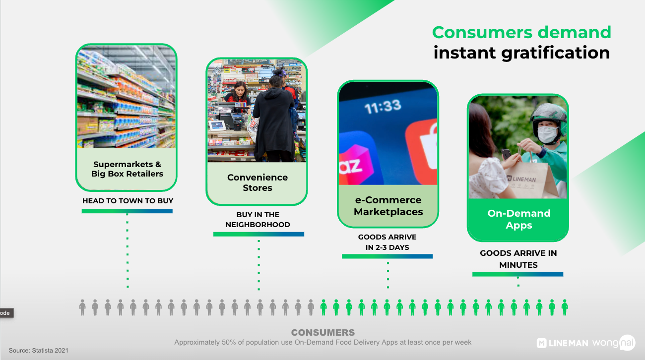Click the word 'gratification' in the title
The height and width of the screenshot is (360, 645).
[x=556, y=54]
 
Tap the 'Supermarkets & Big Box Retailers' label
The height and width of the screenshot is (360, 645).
[x=127, y=169]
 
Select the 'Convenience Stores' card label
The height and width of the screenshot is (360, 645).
[x=258, y=182]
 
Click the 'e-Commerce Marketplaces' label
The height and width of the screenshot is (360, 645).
[x=388, y=206]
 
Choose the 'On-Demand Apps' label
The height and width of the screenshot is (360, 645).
[x=519, y=219]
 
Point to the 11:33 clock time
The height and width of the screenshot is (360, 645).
[x=383, y=107]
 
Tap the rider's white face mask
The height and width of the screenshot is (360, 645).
[x=547, y=134]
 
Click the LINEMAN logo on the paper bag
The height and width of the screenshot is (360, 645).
[x=521, y=179]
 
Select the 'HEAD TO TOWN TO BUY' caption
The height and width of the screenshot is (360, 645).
[x=128, y=201]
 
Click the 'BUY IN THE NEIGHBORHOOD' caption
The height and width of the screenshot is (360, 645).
[x=258, y=220]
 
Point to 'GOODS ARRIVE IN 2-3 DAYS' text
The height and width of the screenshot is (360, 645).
[x=387, y=242]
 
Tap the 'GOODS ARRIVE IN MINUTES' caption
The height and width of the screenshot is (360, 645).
[x=518, y=259]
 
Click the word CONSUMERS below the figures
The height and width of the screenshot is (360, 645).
[x=323, y=333]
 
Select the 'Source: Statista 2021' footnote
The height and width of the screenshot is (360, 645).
[x=38, y=351]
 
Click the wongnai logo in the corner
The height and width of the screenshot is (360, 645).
[x=614, y=343]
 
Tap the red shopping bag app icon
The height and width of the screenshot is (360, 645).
[x=422, y=151]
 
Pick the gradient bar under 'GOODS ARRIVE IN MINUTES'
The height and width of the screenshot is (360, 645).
[x=517, y=274]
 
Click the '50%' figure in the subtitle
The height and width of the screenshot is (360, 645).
[x=227, y=343]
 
